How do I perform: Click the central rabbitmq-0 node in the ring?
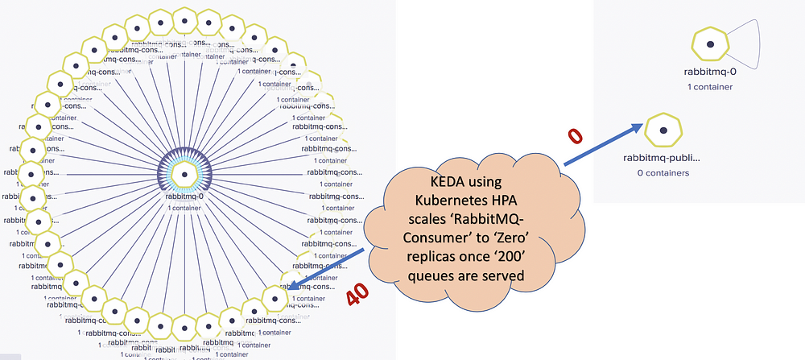pos(184,174)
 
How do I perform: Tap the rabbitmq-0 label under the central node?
pos(184,196)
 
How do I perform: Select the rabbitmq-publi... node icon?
pos(663,130)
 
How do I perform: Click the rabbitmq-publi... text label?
pos(663,159)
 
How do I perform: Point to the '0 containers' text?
pos(663,172)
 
